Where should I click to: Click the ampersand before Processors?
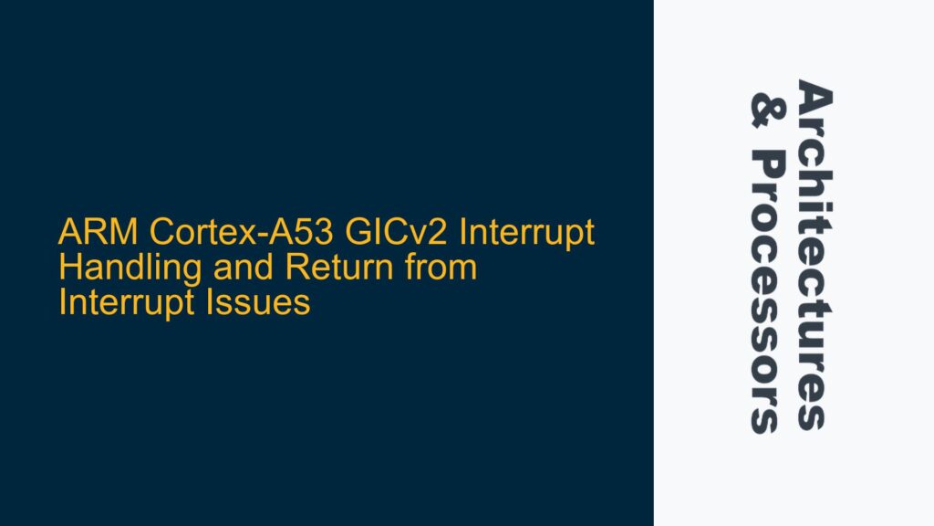coord(764,108)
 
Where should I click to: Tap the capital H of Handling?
coord(67,269)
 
